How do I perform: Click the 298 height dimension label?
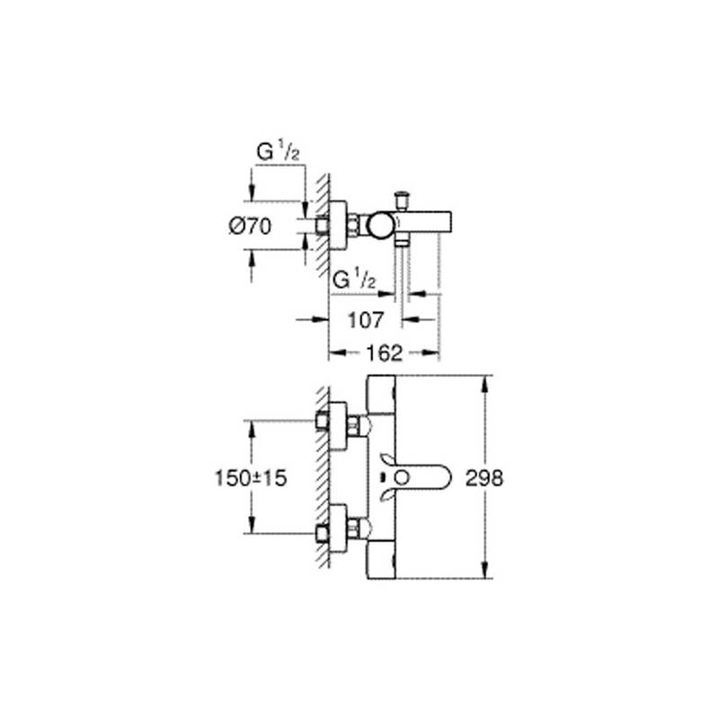pos(484,478)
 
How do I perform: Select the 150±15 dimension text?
pos(251,478)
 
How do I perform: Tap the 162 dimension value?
pos(385,353)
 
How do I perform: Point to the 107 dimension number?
pos(366,320)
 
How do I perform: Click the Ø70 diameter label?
pos(251,226)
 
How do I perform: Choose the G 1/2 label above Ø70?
pos(278,152)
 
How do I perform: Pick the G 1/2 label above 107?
pos(354,280)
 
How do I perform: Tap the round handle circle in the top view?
pos(380,226)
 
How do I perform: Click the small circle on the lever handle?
pos(402,478)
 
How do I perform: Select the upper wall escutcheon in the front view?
pos(338,426)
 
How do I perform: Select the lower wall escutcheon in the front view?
pos(338,528)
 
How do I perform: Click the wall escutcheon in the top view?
pos(338,226)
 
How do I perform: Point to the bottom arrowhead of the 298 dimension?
pos(484,570)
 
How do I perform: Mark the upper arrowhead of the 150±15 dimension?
pos(252,430)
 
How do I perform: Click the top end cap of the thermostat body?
pos(381,395)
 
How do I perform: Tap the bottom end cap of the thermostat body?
pos(381,559)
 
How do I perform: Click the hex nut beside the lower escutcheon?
pos(354,528)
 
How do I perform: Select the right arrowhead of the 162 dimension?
pos(431,352)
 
